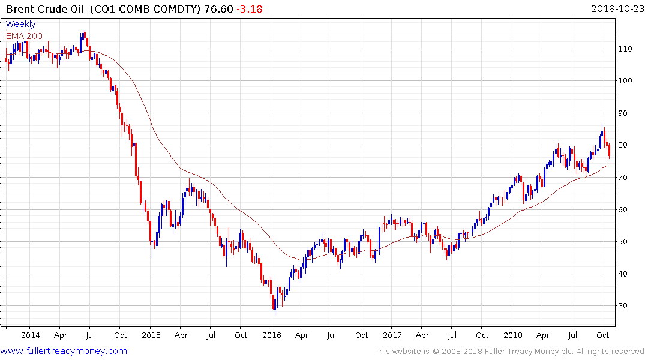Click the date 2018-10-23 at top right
616,8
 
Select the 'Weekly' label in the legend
20,24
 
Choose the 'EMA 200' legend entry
25,35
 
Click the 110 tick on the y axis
628,49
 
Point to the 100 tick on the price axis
628,81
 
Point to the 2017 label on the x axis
392,335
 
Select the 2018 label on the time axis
513,335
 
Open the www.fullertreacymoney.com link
64,351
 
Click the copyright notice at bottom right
509,351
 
